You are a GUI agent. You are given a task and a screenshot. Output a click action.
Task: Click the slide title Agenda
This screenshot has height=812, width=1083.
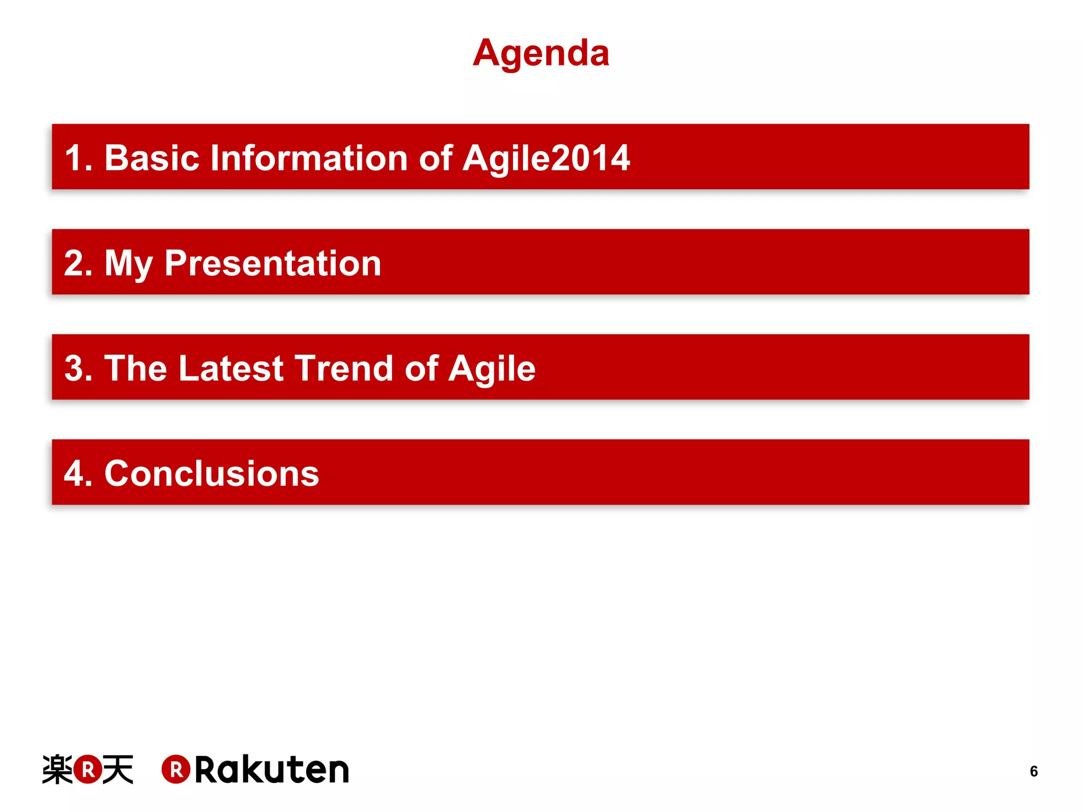pyautogui.click(x=540, y=54)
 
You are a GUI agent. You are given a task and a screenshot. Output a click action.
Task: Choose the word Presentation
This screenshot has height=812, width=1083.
pyautogui.click(x=272, y=263)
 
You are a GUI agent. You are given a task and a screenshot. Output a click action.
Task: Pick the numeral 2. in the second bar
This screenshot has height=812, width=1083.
pyautogui.click(x=78, y=263)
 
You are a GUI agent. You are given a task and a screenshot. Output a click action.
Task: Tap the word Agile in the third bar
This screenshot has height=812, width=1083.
pyautogui.click(x=492, y=369)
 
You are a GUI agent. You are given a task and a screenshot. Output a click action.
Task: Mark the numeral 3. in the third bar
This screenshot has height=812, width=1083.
pyautogui.click(x=78, y=368)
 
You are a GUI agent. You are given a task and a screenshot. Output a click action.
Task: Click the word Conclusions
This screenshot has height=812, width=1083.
pyautogui.click(x=212, y=473)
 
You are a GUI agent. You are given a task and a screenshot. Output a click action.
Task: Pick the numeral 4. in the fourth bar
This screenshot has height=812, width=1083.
pyautogui.click(x=78, y=473)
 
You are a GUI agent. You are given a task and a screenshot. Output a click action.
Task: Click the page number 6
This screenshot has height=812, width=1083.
pyautogui.click(x=1033, y=771)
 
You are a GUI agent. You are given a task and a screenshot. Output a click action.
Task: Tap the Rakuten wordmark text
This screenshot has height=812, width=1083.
pyautogui.click(x=272, y=770)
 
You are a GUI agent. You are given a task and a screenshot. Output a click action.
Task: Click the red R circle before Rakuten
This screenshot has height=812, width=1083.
pyautogui.click(x=176, y=769)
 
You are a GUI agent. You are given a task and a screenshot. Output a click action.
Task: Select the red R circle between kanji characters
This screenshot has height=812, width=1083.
pyautogui.click(x=88, y=769)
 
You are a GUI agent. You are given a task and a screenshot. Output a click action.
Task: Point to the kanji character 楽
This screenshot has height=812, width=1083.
pyautogui.click(x=57, y=769)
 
